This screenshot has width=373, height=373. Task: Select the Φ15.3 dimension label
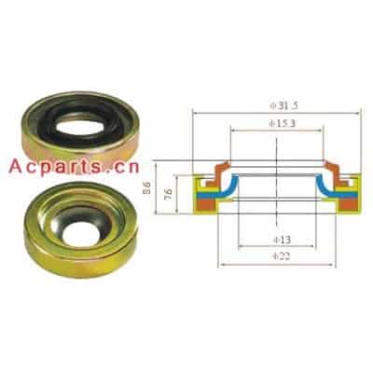tap(283, 124)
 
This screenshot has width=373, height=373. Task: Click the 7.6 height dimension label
tap(168, 195)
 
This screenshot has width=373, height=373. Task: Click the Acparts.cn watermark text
tap(74, 167)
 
